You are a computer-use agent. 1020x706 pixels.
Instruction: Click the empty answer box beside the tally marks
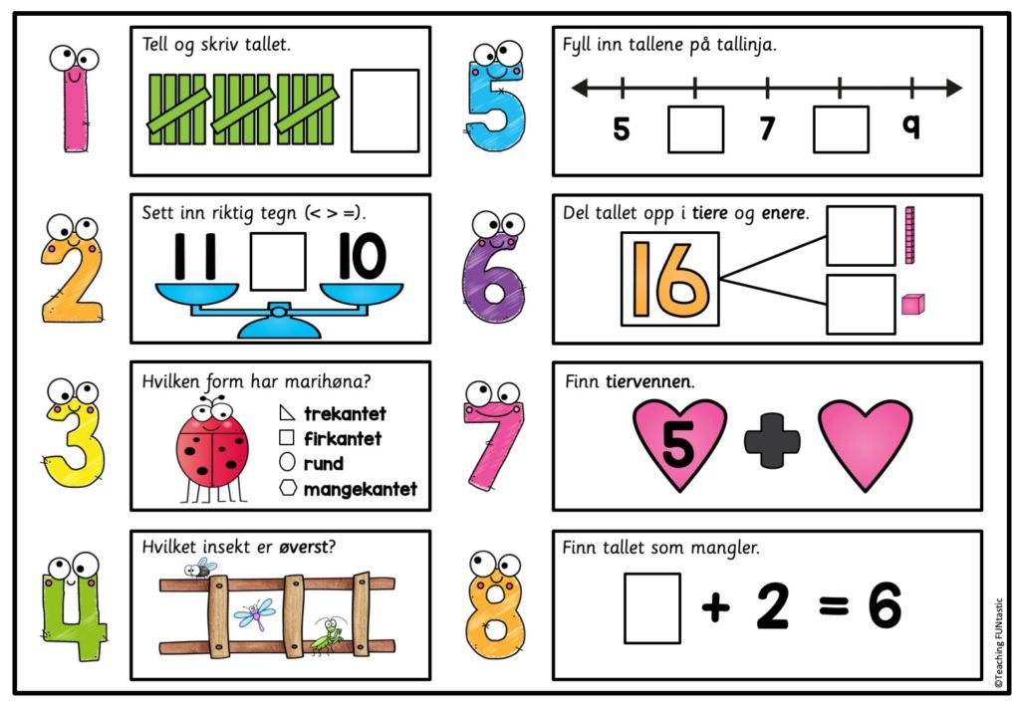click(x=384, y=111)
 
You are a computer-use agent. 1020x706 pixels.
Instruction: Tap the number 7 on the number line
click(x=767, y=129)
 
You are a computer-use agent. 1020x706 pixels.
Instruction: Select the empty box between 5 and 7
click(x=695, y=129)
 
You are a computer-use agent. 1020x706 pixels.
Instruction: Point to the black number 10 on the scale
click(x=360, y=258)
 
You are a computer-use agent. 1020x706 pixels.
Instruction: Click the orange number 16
click(x=669, y=278)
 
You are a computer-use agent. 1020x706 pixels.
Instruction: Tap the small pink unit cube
click(x=911, y=304)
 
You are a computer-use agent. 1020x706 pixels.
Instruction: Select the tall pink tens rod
click(x=908, y=236)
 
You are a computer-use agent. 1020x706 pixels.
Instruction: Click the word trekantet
click(x=345, y=413)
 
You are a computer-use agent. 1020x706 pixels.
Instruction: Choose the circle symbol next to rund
click(x=287, y=463)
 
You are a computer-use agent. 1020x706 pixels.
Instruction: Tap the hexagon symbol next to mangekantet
click(x=287, y=488)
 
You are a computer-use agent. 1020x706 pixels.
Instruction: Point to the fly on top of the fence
click(x=199, y=569)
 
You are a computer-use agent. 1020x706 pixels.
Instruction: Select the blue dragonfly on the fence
click(x=253, y=612)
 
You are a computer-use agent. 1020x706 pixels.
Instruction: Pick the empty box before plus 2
click(x=651, y=607)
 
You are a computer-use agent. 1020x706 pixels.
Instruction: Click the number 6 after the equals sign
click(x=884, y=605)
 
